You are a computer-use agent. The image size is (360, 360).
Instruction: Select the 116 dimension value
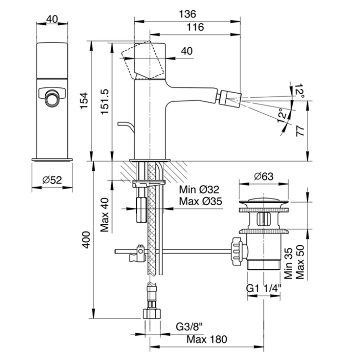[x=196, y=27]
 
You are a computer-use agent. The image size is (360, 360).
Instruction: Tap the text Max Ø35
[x=201, y=201]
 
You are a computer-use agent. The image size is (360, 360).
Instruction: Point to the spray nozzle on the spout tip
[x=230, y=96]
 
